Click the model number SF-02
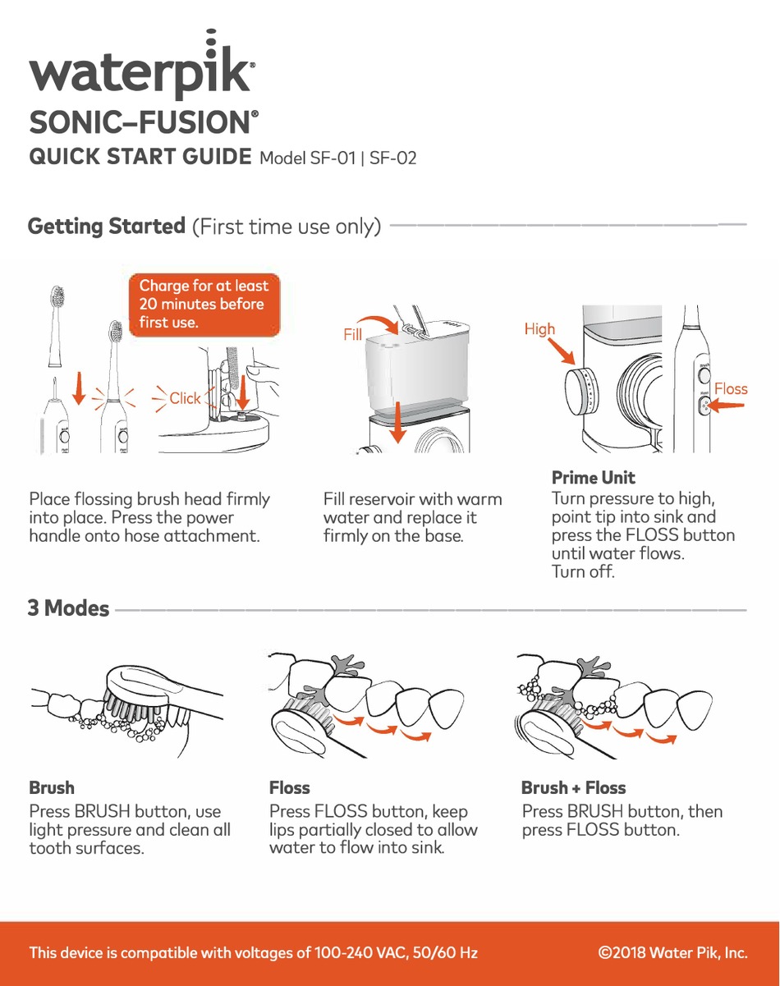point(392,158)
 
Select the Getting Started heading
point(107,226)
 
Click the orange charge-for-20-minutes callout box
point(204,304)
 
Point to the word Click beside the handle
point(185,398)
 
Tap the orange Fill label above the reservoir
point(353,335)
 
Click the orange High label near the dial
point(539,329)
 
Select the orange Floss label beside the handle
point(731,388)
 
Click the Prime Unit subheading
point(594,477)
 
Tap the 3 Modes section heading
point(69,608)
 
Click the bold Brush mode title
point(52,787)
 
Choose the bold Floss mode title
point(290,787)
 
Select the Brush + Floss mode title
point(573,787)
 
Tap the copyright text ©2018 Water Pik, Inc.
point(673,953)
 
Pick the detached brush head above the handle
point(57,324)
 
